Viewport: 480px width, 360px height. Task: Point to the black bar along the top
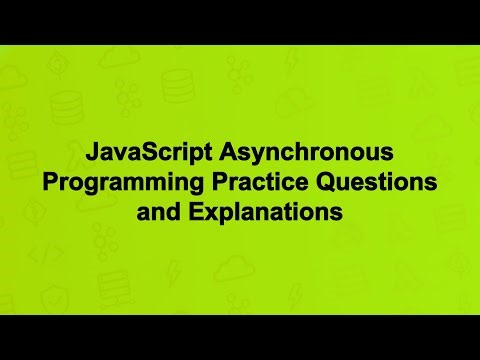tap(240, 21)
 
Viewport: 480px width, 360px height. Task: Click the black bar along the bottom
tap(240, 337)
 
